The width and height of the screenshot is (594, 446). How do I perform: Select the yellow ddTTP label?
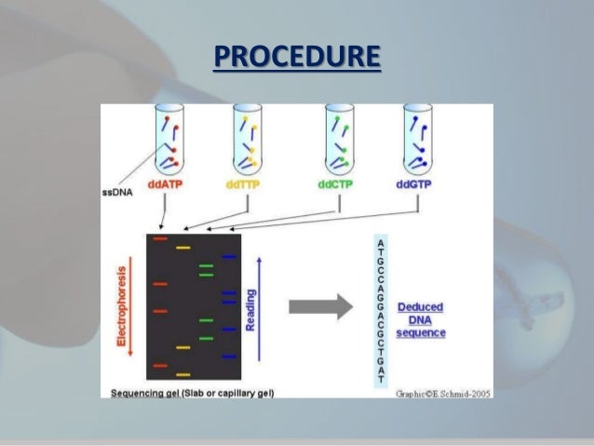[244, 184]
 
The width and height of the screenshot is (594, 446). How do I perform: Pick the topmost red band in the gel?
[160, 240]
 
